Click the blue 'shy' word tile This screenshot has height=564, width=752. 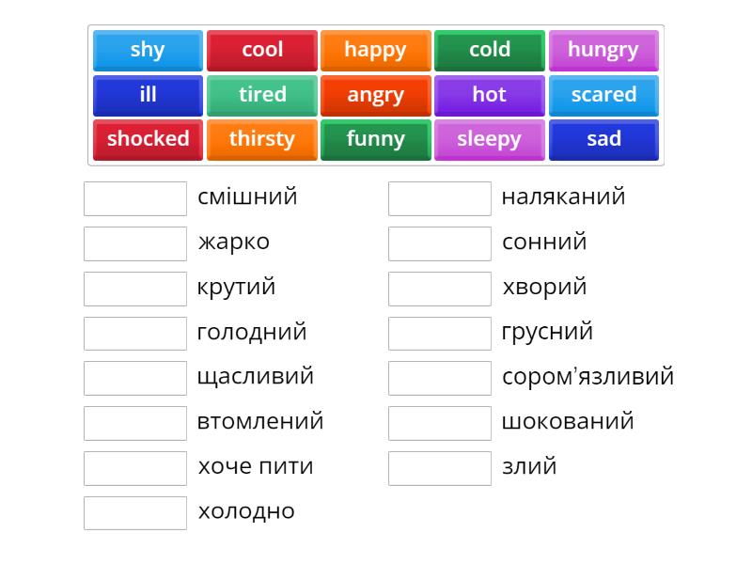pyautogui.click(x=148, y=50)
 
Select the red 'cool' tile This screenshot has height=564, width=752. pyautogui.click(x=262, y=50)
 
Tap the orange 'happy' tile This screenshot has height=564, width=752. pyautogui.click(x=375, y=50)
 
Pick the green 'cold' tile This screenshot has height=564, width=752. pyautogui.click(x=490, y=50)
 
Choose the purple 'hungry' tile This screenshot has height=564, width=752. pyautogui.click(x=603, y=50)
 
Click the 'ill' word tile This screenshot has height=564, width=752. pyautogui.click(x=148, y=95)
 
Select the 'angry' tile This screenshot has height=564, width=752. pyautogui.click(x=375, y=95)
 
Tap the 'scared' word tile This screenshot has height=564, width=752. pyautogui.click(x=603, y=95)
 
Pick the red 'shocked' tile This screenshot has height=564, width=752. pyautogui.click(x=148, y=139)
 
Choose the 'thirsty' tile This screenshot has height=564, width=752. pyautogui.click(x=262, y=139)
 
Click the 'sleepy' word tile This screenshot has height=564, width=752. pyautogui.click(x=489, y=139)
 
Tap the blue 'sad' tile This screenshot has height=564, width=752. pyautogui.click(x=603, y=139)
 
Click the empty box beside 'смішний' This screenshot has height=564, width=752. pyautogui.click(x=135, y=198)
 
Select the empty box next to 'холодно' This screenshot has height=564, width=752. pyautogui.click(x=135, y=512)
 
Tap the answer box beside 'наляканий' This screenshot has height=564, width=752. pyautogui.click(x=439, y=198)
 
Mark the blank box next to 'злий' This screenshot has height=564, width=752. pyautogui.click(x=439, y=467)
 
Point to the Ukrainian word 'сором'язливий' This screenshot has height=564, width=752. pyautogui.click(x=587, y=377)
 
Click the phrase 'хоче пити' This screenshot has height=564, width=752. pyautogui.click(x=255, y=466)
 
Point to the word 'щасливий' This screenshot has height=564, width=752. pyautogui.click(x=255, y=377)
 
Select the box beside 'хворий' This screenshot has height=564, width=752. pyautogui.click(x=439, y=288)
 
